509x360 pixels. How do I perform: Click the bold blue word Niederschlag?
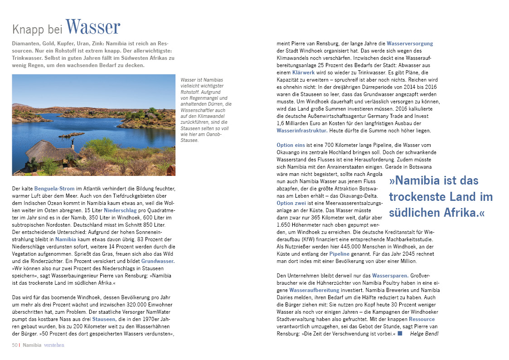point(120,211)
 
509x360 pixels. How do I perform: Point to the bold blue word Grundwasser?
point(158,262)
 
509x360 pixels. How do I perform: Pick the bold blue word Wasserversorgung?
point(410,44)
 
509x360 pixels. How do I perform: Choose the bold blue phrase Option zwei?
point(291,203)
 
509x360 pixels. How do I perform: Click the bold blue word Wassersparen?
point(390,275)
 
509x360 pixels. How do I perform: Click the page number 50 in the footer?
point(15,345)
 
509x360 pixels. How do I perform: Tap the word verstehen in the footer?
point(54,345)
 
